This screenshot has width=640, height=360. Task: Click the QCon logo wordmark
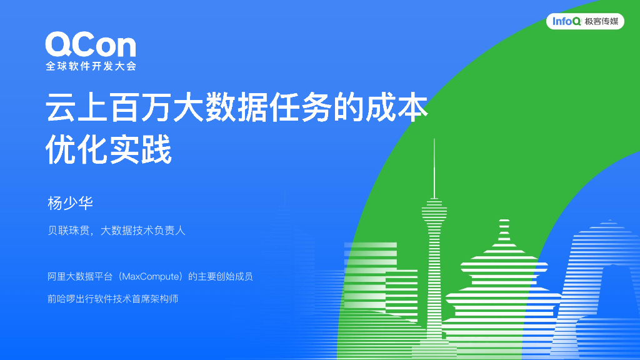point(90,45)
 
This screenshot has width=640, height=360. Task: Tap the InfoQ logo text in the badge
point(567,22)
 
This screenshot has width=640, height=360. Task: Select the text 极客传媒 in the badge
point(601,22)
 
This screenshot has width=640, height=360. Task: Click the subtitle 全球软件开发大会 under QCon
point(90,66)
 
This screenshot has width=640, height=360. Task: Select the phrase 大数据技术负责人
point(143,231)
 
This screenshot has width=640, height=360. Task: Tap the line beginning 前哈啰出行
point(112,299)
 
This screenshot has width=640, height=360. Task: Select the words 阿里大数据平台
point(82,276)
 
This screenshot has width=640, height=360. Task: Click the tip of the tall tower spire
point(434,141)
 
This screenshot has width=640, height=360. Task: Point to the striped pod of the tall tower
point(434,212)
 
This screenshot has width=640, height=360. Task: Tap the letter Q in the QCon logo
point(59,45)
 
